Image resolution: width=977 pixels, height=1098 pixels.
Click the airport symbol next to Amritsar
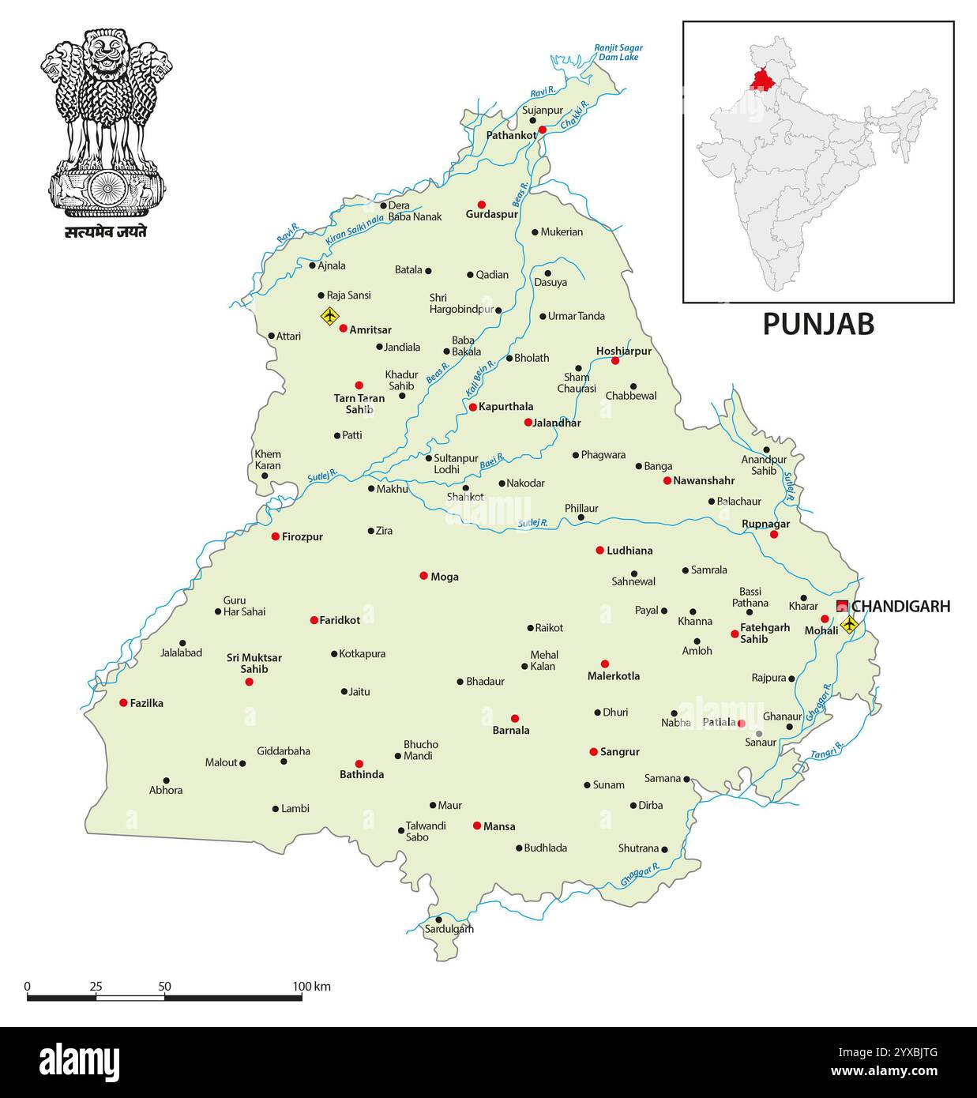pyautogui.click(x=329, y=317)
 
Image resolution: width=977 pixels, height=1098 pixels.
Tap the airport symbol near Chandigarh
pyautogui.click(x=849, y=625)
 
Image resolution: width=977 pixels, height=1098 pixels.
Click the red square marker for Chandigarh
pyautogui.click(x=842, y=607)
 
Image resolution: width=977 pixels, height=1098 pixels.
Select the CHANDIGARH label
pyautogui.click(x=900, y=607)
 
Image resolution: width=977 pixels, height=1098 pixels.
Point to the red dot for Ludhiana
pyautogui.click(x=599, y=550)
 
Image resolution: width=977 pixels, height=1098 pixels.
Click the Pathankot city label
pyautogui.click(x=511, y=136)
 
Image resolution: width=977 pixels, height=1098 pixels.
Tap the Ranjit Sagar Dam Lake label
pyautogui.click(x=618, y=52)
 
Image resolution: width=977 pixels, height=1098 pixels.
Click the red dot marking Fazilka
pyautogui.click(x=123, y=702)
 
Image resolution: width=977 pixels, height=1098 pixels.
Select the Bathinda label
pyautogui.click(x=362, y=775)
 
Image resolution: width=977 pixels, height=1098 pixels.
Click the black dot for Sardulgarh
pyautogui.click(x=438, y=919)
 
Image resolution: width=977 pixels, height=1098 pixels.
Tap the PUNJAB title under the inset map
pyautogui.click(x=817, y=325)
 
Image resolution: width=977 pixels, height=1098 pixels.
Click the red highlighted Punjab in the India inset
pyautogui.click(x=762, y=79)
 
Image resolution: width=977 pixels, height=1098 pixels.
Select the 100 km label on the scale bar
pyautogui.click(x=311, y=987)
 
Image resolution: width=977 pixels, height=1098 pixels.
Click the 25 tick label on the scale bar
pyautogui.click(x=96, y=987)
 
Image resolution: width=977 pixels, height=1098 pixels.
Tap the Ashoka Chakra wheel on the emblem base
pyautogui.click(x=107, y=189)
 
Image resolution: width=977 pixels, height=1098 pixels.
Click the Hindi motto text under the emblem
pyautogui.click(x=106, y=232)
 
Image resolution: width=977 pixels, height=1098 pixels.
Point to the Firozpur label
pyautogui.click(x=302, y=537)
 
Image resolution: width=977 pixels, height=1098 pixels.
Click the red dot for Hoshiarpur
pyautogui.click(x=615, y=361)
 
